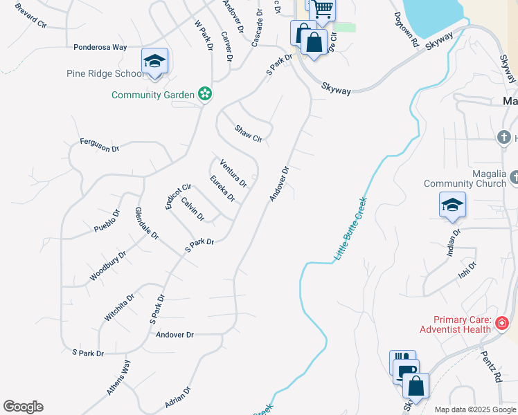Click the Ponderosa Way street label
coord(100,48)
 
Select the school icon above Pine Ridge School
coord(154,61)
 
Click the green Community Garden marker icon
coord(204,93)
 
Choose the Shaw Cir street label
coord(248,133)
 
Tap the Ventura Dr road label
coord(233,173)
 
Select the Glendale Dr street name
coord(148,223)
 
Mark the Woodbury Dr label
coord(109,266)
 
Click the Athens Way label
coord(118,378)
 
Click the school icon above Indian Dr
coord(452,205)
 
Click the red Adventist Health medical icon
coord(502,323)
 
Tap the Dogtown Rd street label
coord(407,29)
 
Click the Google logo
coord(23,407)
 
